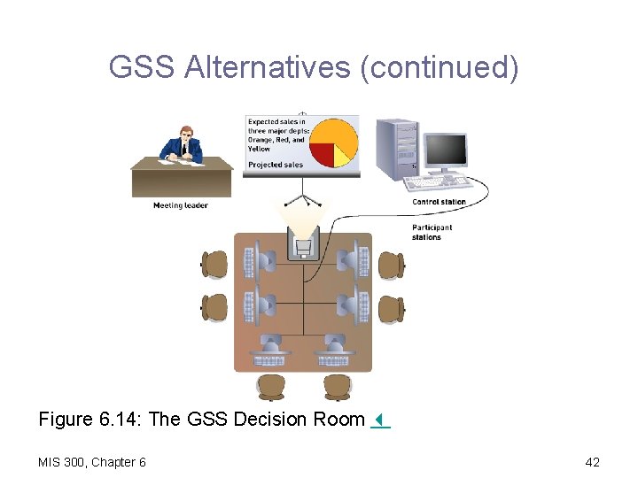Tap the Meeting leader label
point(180,205)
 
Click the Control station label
point(439,202)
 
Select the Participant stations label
point(432,232)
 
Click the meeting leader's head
point(186,134)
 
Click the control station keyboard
point(438,182)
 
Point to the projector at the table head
point(302,242)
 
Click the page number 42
point(593,461)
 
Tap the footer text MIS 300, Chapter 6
point(92,461)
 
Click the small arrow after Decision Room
point(378,420)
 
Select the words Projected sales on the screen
point(275,165)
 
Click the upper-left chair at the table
point(214,264)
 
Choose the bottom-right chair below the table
point(336,386)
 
